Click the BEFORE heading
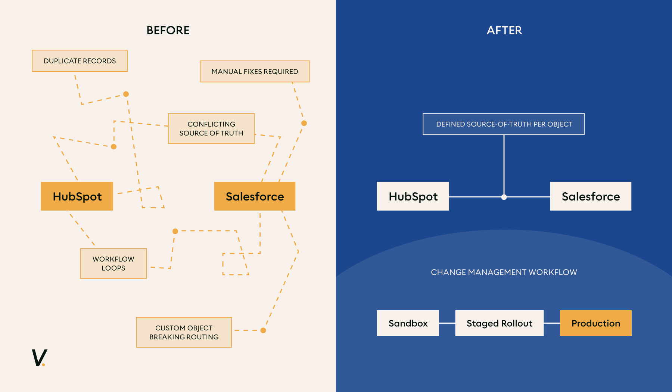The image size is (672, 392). pyautogui.click(x=168, y=30)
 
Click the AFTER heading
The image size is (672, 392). pyautogui.click(x=504, y=30)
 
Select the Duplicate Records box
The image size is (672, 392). pyautogui.click(x=80, y=61)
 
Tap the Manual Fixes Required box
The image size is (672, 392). pyautogui.click(x=255, y=71)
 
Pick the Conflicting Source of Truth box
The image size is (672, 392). pyautogui.click(x=211, y=128)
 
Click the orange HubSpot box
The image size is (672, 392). pyautogui.click(x=77, y=196)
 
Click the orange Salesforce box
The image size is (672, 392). pyautogui.click(x=255, y=196)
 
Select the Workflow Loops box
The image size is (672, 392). pyautogui.click(x=113, y=264)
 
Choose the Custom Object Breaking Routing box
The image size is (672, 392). pyautogui.click(x=184, y=332)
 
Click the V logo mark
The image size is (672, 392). pyautogui.click(x=39, y=358)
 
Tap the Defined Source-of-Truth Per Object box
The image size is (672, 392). pyautogui.click(x=504, y=124)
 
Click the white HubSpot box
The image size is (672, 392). pyautogui.click(x=413, y=196)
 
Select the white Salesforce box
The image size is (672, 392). pyautogui.click(x=591, y=196)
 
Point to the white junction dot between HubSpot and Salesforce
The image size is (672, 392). pyautogui.click(x=504, y=197)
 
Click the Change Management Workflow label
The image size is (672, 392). pyautogui.click(x=504, y=272)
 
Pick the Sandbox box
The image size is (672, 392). pyautogui.click(x=408, y=323)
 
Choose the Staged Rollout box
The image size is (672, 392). pyautogui.click(x=499, y=323)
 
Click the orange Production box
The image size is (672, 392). pyautogui.click(x=595, y=323)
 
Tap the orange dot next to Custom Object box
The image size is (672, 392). pyautogui.click(x=263, y=330)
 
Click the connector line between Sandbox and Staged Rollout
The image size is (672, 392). pyautogui.click(x=447, y=323)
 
